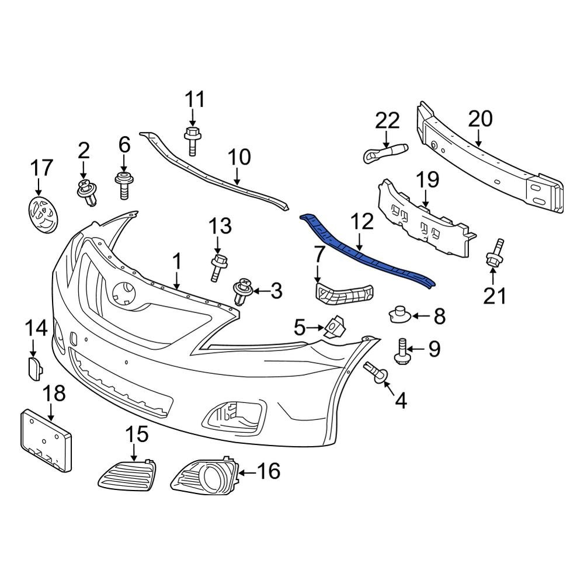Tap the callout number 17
[41, 169]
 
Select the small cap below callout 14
[34, 369]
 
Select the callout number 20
[480, 119]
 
